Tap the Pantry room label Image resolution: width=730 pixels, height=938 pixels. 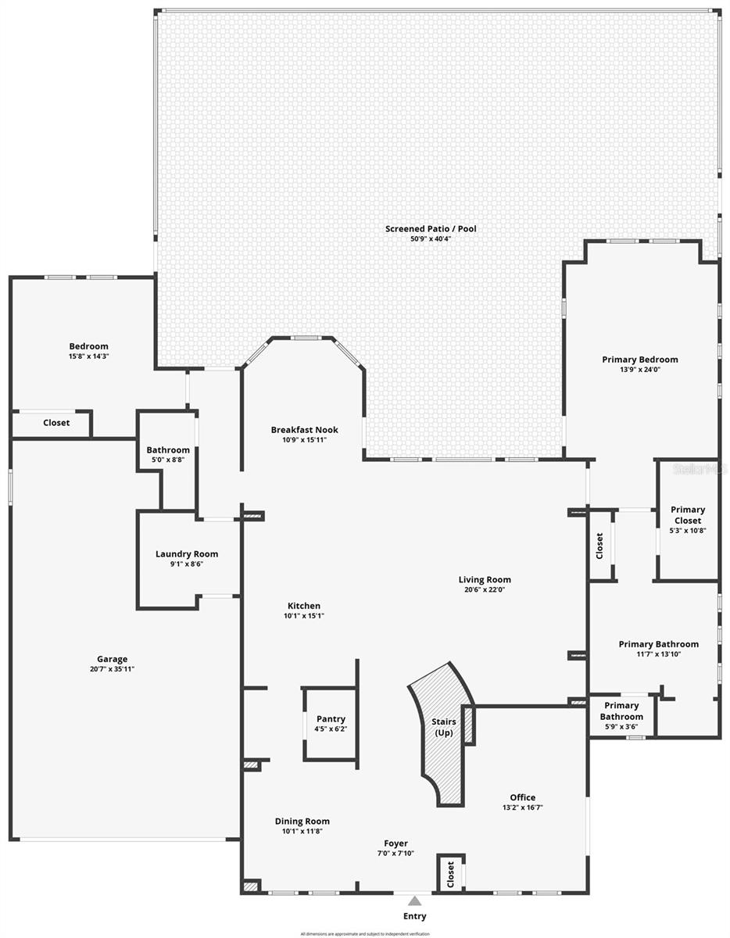point(331,719)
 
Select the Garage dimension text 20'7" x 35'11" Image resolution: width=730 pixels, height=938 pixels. point(112,669)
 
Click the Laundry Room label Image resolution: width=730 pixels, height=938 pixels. point(187,554)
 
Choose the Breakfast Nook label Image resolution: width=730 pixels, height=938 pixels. point(305,430)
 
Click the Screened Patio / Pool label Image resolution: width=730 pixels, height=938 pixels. point(431,229)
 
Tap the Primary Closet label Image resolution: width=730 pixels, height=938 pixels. point(688,515)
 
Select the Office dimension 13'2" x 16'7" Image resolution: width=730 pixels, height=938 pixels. point(522,807)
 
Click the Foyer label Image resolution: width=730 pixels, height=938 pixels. point(395,843)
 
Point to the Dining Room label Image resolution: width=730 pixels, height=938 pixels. point(302,821)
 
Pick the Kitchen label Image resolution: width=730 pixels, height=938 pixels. point(303,606)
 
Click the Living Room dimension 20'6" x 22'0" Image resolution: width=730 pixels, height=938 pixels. point(485,590)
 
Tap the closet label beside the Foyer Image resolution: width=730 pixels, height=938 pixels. point(450,874)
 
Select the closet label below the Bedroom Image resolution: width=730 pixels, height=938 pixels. point(56,423)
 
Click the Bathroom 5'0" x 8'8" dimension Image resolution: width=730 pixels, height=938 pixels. point(168,460)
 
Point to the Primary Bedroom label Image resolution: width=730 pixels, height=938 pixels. point(640,360)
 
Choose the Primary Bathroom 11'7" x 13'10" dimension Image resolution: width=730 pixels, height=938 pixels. point(658,654)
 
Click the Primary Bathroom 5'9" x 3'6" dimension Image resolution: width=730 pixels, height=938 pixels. point(621,727)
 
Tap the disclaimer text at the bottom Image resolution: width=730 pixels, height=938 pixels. point(365,933)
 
